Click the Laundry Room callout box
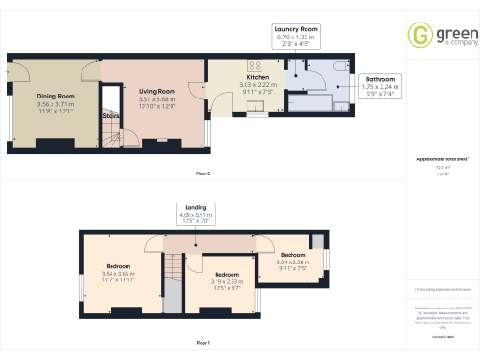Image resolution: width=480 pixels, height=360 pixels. click(x=296, y=36)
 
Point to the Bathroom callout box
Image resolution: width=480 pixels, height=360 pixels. click(x=380, y=85)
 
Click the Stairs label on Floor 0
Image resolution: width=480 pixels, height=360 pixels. click(x=111, y=116)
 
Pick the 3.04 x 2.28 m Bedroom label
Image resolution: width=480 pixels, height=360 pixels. click(x=293, y=256)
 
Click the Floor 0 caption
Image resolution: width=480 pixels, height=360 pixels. click(x=202, y=174)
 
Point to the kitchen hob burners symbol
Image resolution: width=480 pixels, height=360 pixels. click(x=253, y=66)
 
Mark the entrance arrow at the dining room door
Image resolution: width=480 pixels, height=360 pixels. click(x=8, y=70)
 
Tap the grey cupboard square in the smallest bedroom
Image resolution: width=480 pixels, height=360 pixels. click(x=317, y=243)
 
